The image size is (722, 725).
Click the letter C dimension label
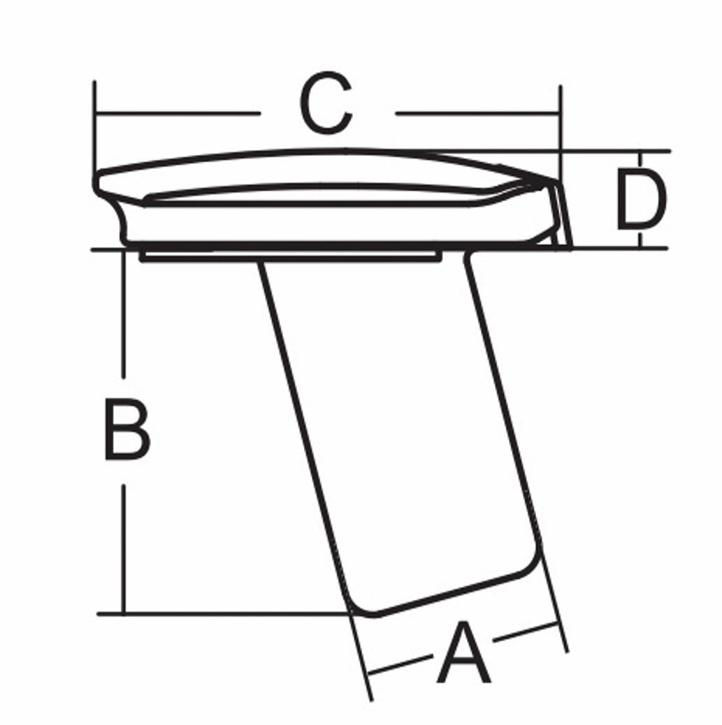pyautogui.click(x=326, y=103)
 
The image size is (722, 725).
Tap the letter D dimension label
pyautogui.click(x=642, y=199)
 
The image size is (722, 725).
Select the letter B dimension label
pyautogui.click(x=127, y=430)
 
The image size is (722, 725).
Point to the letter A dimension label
pyautogui.click(x=463, y=653)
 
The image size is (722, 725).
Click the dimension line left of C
pyautogui.click(x=178, y=113)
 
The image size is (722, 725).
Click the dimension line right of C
pyautogui.click(x=478, y=113)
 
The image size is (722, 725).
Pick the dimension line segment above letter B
pyautogui.click(x=123, y=314)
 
